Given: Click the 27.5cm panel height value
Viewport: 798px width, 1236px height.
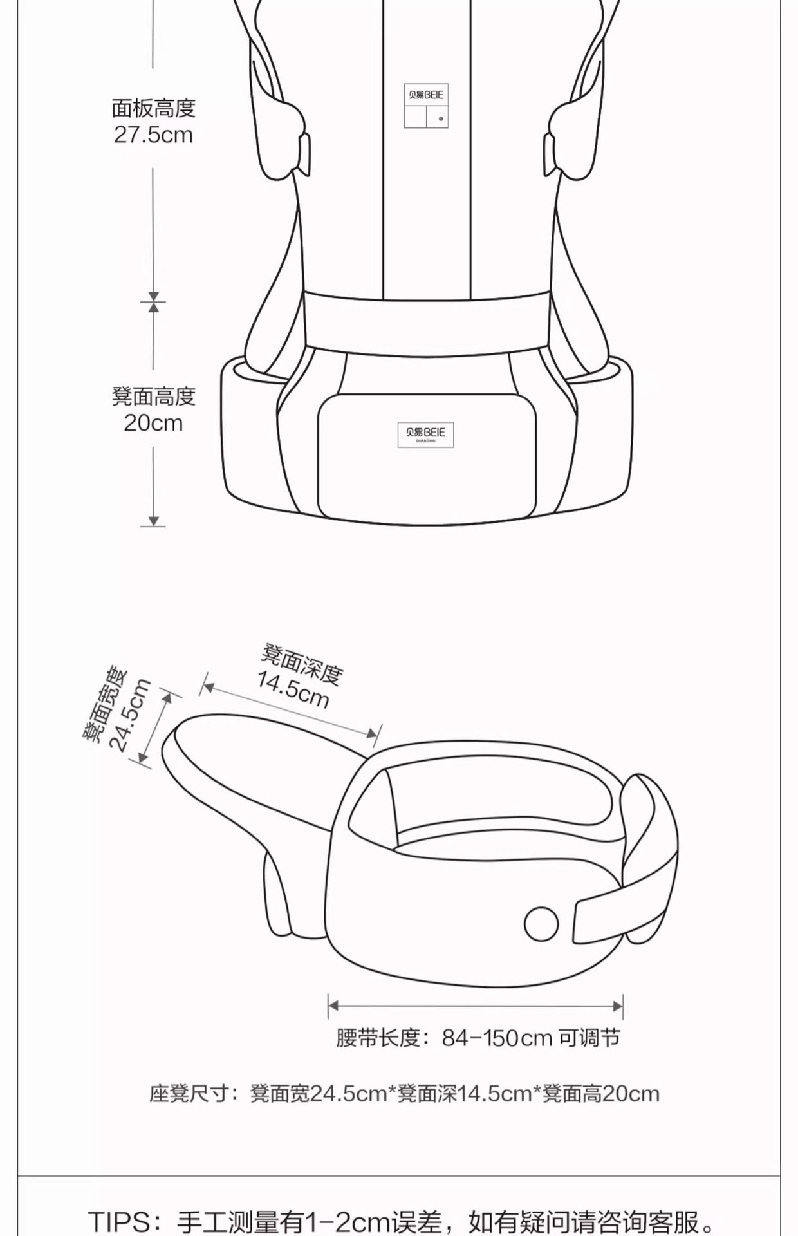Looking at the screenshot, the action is click(x=153, y=135).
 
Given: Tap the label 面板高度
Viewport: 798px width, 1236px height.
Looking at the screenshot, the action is click(x=153, y=108).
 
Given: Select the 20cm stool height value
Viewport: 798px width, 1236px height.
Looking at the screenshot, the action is click(x=153, y=423).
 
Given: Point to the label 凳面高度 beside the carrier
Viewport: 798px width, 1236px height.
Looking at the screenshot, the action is click(x=153, y=396).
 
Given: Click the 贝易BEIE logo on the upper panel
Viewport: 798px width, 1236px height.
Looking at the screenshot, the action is click(x=426, y=95).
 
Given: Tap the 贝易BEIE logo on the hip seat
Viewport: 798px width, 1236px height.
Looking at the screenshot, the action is click(x=425, y=433).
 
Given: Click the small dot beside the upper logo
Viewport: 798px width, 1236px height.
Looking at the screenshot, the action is click(x=441, y=118).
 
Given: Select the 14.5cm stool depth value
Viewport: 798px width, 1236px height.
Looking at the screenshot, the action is click(x=293, y=689).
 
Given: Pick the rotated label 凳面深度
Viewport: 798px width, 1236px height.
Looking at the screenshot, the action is click(x=302, y=664).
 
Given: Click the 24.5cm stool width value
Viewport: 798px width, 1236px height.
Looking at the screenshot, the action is click(x=131, y=715).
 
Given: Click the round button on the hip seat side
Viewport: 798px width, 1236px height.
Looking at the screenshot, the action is click(x=541, y=923).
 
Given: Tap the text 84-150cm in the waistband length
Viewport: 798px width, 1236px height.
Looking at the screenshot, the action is click(x=497, y=1038).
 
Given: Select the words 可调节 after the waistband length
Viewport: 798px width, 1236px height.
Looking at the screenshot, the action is click(x=589, y=1038).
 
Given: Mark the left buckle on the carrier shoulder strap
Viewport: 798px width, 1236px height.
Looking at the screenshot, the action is click(x=304, y=154).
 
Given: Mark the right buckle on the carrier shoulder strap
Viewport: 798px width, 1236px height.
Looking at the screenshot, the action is click(x=549, y=154).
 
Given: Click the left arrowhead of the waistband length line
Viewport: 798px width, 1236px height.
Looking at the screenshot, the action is click(x=333, y=1006).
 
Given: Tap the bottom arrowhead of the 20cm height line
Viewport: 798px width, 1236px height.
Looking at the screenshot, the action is click(x=153, y=521).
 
